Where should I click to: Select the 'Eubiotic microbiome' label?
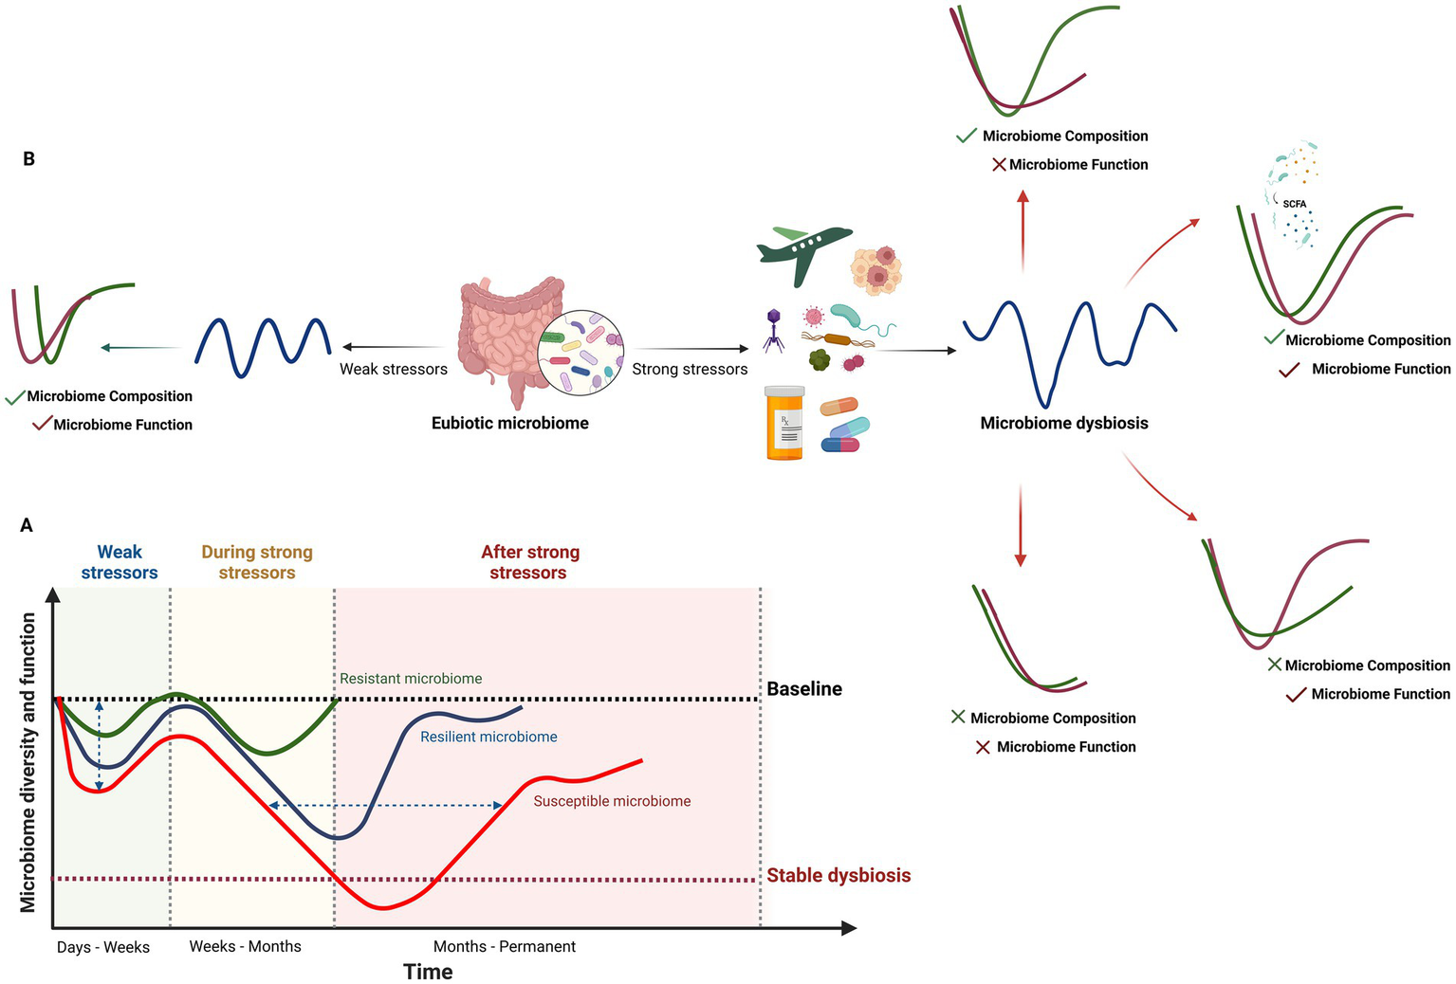tap(509, 424)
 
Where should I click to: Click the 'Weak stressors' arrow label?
tap(394, 369)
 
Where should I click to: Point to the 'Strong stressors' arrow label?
tap(690, 369)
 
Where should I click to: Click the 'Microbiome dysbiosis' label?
tap(1063, 424)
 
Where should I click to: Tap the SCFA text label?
tap(1294, 204)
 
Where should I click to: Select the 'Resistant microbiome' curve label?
tap(411, 679)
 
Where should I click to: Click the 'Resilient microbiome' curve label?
tap(488, 737)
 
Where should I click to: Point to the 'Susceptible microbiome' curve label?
tap(612, 801)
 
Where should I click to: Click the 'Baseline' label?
tap(804, 689)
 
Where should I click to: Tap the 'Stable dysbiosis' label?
tap(839, 875)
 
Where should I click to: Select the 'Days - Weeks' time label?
tap(103, 947)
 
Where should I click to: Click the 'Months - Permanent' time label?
tap(504, 946)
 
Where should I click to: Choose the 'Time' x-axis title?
tap(428, 972)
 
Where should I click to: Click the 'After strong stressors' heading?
tap(529, 562)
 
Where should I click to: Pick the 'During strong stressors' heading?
tap(257, 562)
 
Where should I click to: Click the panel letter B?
tap(28, 159)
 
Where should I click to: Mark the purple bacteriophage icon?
tap(774, 329)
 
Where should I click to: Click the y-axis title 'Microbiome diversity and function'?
tap(28, 762)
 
